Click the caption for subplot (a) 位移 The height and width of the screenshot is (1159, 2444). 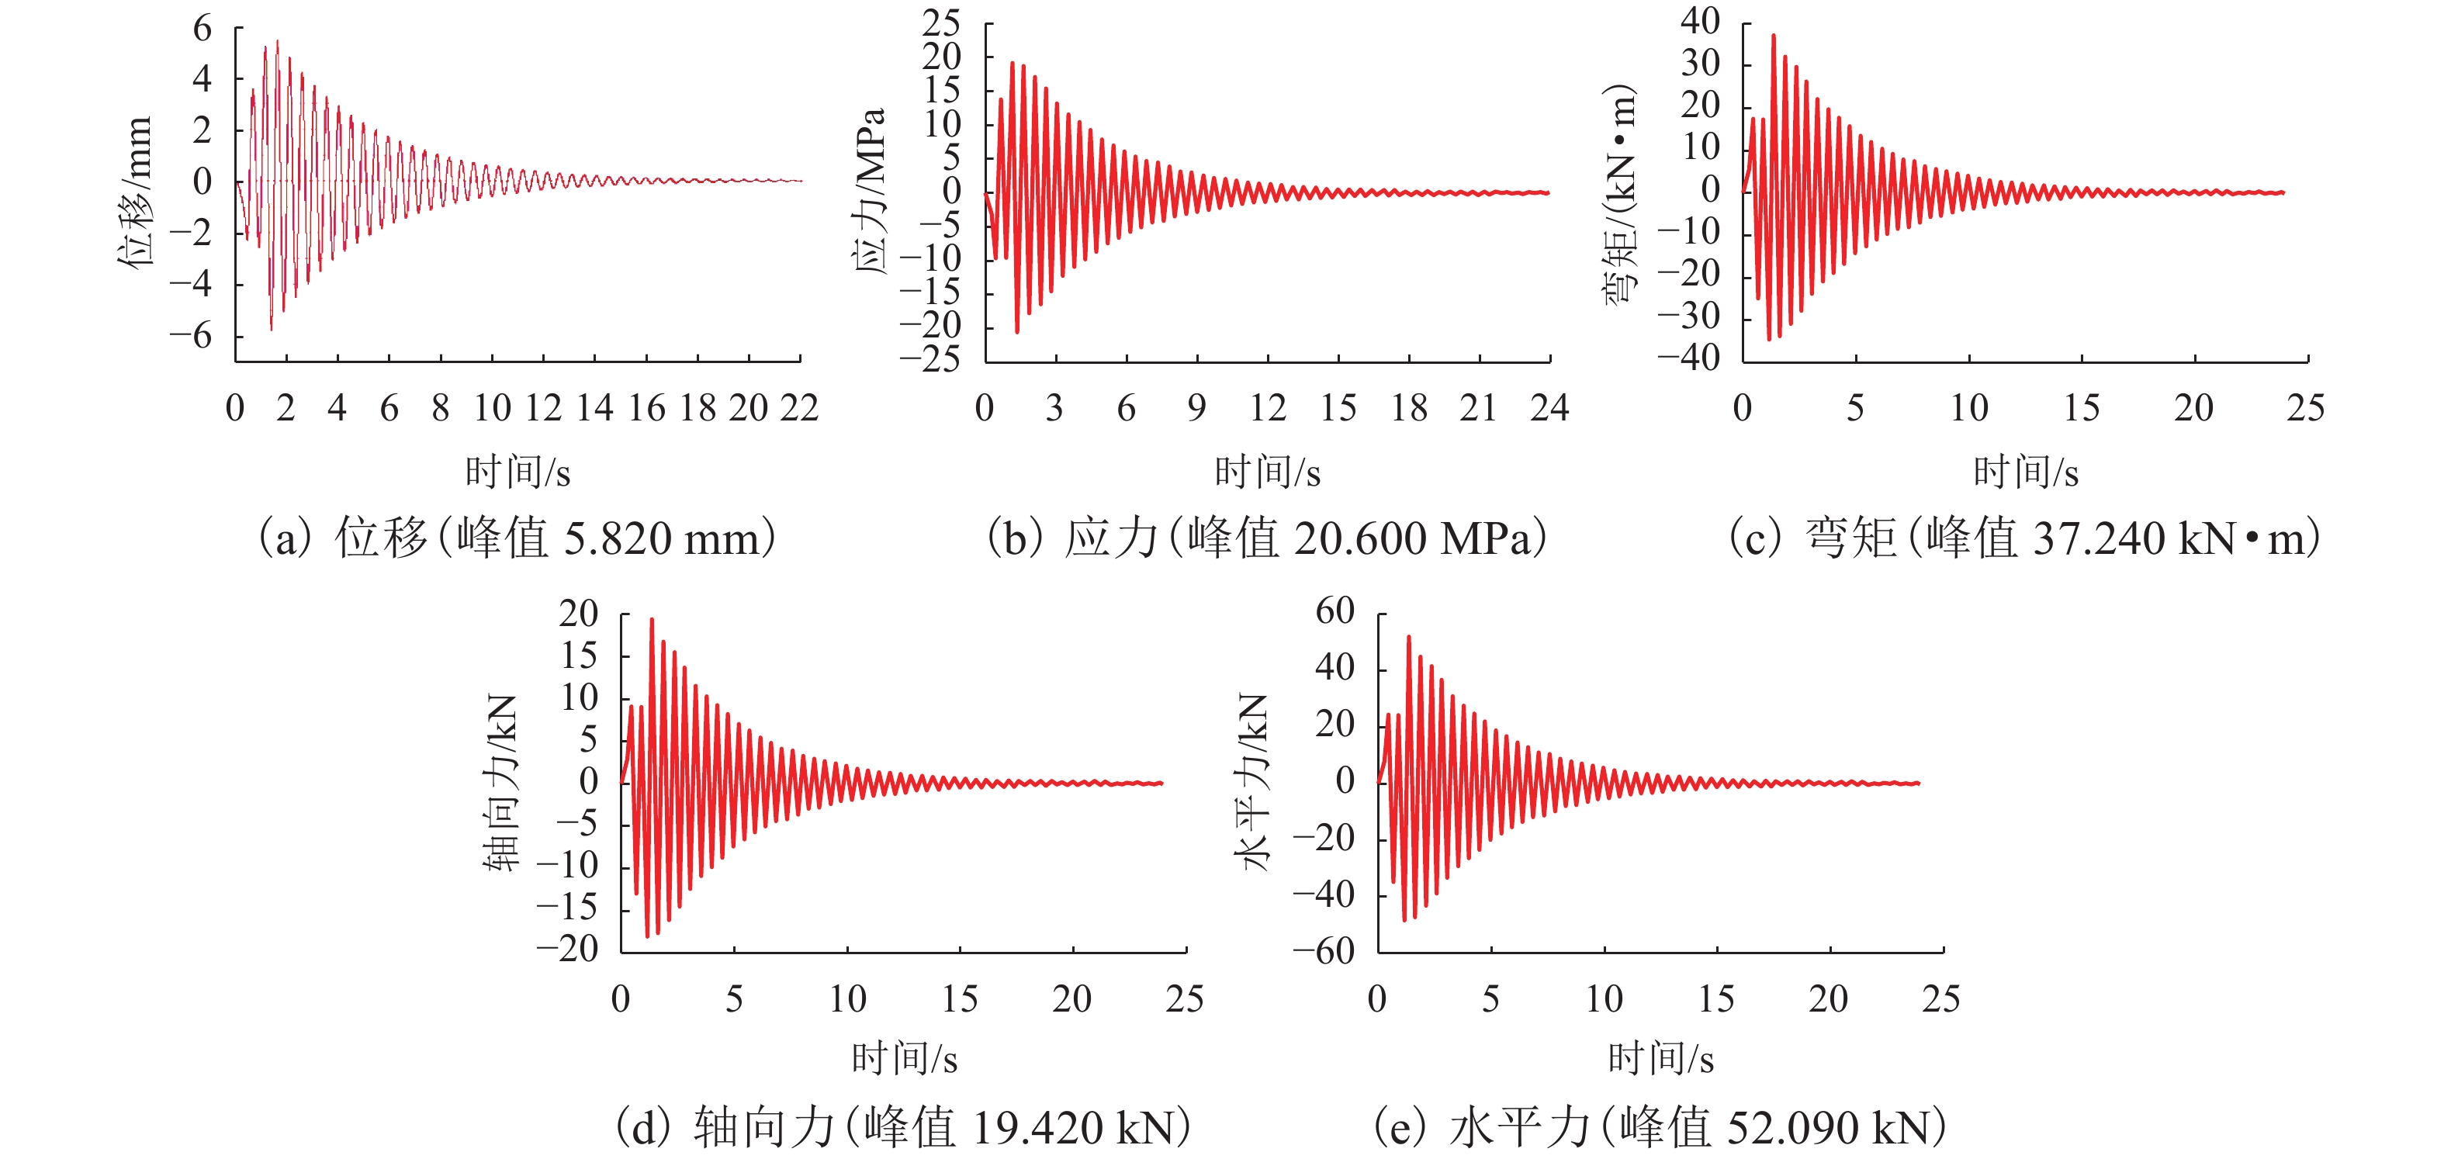tap(517, 538)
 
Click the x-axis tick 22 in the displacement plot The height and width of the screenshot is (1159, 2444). tap(799, 409)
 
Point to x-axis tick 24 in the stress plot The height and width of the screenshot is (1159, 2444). tap(1549, 409)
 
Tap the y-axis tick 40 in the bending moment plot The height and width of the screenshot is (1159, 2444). tap(1700, 21)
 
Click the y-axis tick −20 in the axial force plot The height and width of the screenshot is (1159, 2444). tap(567, 949)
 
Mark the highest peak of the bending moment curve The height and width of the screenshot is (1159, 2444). tap(1773, 36)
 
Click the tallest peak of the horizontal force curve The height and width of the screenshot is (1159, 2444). tap(1408, 638)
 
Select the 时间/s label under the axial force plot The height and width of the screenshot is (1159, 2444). tap(903, 1058)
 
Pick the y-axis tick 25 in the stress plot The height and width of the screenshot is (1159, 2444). tap(941, 22)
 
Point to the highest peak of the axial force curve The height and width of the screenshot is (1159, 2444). tap(651, 619)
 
